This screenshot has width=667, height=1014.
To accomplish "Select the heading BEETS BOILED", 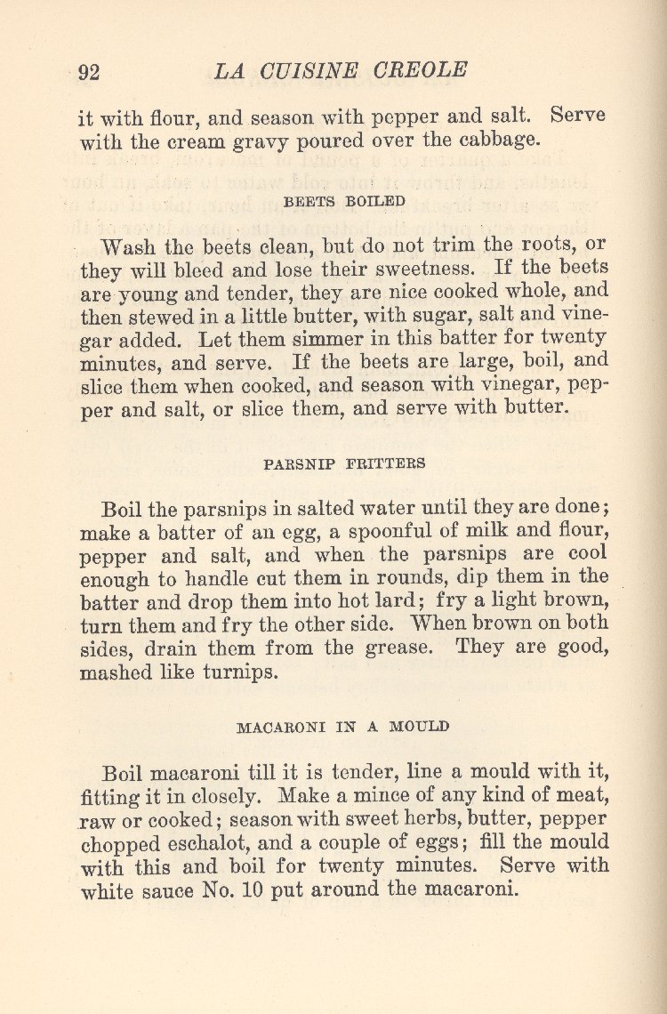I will pyautogui.click(x=344, y=202).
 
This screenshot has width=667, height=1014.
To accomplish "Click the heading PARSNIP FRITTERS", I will pyautogui.click(x=344, y=463).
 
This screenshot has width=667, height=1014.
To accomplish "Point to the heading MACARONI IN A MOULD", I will pyautogui.click(x=342, y=727).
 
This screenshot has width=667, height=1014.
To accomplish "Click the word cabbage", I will pyautogui.click(x=502, y=141).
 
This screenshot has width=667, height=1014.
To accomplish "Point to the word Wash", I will pyautogui.click(x=131, y=245).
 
